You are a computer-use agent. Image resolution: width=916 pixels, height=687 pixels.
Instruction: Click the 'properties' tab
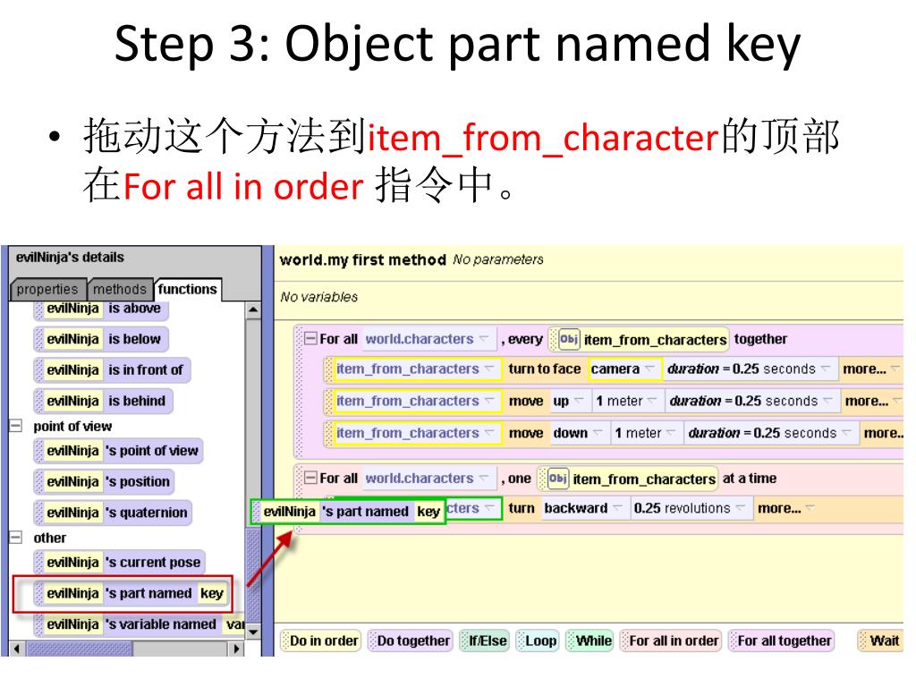pos(48,289)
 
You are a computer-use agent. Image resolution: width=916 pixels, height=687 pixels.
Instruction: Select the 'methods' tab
pos(120,289)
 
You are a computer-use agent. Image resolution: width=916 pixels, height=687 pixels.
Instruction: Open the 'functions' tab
pos(187,289)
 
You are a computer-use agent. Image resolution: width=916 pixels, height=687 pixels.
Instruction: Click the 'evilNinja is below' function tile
pos(101,339)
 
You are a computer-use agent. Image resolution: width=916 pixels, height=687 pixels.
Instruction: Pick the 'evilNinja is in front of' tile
pos(112,369)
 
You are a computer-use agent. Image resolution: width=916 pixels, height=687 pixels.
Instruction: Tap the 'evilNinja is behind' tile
pos(103,401)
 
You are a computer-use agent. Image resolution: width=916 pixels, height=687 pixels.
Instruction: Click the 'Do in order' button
pos(321,640)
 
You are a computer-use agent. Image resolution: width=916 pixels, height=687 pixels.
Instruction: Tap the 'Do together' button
pos(411,640)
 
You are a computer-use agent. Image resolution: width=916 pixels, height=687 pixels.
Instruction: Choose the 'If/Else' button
pos(485,640)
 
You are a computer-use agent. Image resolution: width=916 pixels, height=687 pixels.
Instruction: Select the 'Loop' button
pos(538,640)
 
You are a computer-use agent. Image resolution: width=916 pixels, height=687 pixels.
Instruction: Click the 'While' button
pos(590,640)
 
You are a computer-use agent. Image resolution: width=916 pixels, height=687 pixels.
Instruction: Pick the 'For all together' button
pos(782,640)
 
